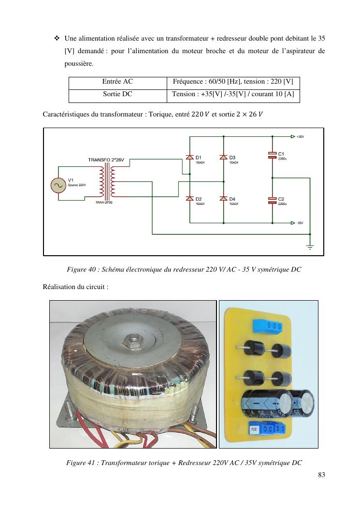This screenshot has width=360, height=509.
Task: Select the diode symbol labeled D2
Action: pos(189,198)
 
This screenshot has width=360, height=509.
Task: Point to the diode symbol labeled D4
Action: pos(223,198)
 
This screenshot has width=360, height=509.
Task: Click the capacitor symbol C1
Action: pos(272,155)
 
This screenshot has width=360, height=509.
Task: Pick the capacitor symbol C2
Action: pos(272,200)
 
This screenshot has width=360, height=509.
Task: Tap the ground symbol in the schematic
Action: pos(309,247)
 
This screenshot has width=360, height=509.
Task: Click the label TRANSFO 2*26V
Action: pos(109,160)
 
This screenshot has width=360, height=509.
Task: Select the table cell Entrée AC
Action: pos(117,82)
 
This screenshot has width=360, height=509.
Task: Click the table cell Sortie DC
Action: pos(117,94)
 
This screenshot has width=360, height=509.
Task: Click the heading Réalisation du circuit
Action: pos(75,287)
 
